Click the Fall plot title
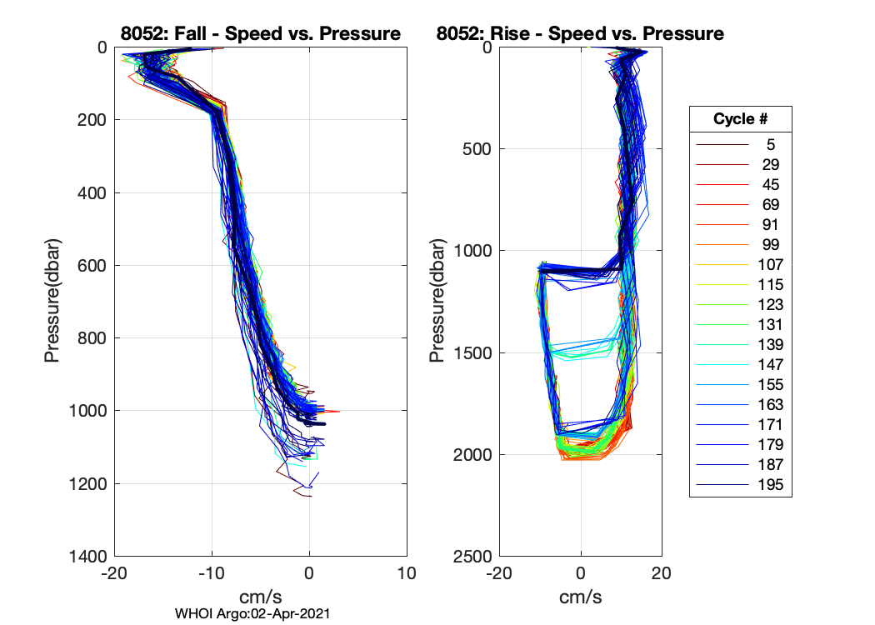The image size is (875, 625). [261, 33]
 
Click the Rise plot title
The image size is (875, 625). [580, 33]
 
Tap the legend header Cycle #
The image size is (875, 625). [740, 119]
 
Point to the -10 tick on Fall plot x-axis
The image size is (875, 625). [211, 574]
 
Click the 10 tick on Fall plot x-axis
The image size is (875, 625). [407, 574]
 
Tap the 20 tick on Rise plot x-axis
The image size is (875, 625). [662, 574]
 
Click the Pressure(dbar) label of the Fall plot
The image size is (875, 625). [52, 302]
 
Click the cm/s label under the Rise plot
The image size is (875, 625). [580, 597]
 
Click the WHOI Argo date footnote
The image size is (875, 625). [252, 613]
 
